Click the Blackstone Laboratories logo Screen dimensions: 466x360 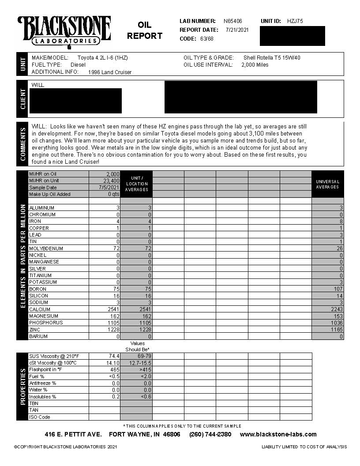(x=64, y=31)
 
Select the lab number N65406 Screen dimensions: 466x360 (x=232, y=21)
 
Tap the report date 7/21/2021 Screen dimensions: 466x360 (x=237, y=30)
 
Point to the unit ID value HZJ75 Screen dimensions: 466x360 (x=295, y=21)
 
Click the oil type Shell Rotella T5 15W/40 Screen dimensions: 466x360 (x=272, y=58)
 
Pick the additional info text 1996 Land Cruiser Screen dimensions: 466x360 (x=110, y=72)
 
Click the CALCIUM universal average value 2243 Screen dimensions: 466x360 (x=335, y=309)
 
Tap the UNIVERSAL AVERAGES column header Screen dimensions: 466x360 (x=327, y=184)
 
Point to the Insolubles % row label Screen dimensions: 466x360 (x=42, y=397)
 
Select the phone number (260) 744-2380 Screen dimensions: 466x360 (x=210, y=434)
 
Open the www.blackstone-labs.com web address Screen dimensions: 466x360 (x=278, y=434)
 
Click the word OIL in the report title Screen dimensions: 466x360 (x=144, y=25)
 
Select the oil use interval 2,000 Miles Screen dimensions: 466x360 (x=255, y=65)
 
